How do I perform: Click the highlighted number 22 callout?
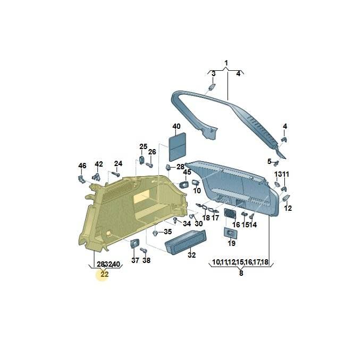[x=104, y=274]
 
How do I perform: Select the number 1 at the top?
[x=226, y=63]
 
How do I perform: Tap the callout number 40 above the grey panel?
[x=176, y=127]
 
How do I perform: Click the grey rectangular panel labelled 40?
[x=178, y=147]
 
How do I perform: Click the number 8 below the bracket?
[x=241, y=273]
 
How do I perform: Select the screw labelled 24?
[x=115, y=174]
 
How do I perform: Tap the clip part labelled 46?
[x=81, y=179]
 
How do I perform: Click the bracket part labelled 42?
[x=96, y=177]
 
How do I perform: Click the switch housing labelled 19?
[x=230, y=233]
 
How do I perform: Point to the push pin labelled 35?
[x=155, y=233]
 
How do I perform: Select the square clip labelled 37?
[x=135, y=244]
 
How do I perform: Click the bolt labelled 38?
[x=144, y=250]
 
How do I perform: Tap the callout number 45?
[x=187, y=172]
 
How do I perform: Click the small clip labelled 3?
[x=212, y=87]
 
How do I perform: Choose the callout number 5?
[x=269, y=161]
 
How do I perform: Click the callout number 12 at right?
[x=288, y=208]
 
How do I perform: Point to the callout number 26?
[x=152, y=152]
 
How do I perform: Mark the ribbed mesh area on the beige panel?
[x=117, y=190]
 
